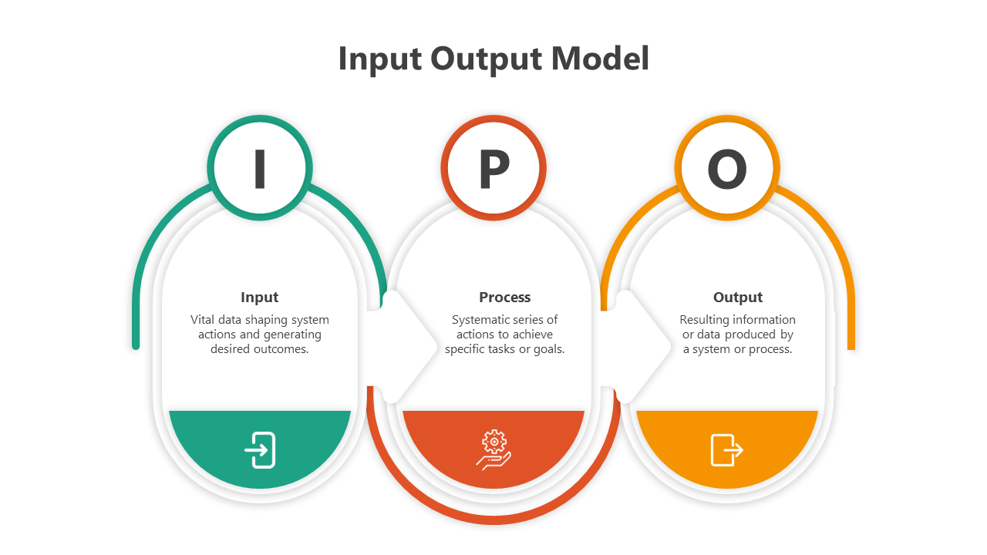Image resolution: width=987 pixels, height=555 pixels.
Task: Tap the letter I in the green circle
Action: coord(260,169)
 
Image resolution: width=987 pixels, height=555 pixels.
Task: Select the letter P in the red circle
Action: coord(493,170)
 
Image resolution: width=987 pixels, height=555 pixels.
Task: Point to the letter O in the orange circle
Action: coord(727,170)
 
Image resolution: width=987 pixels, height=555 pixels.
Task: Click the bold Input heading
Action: coord(260,298)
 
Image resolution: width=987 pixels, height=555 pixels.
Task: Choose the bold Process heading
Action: coord(505,298)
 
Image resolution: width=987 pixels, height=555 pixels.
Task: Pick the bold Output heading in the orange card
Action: coord(738,298)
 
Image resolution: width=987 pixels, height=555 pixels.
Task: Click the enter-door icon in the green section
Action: coord(261,450)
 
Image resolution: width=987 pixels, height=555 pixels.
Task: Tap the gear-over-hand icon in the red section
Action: coord(493,450)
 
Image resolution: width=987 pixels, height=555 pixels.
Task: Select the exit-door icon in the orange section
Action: coord(726,450)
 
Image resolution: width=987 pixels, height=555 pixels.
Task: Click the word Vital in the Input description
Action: coord(203,320)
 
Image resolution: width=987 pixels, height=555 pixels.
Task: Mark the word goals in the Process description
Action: coord(547,349)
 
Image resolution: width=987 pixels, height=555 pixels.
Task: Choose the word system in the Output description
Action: coord(710,349)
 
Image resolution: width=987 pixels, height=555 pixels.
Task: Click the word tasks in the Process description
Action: coord(502,349)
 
